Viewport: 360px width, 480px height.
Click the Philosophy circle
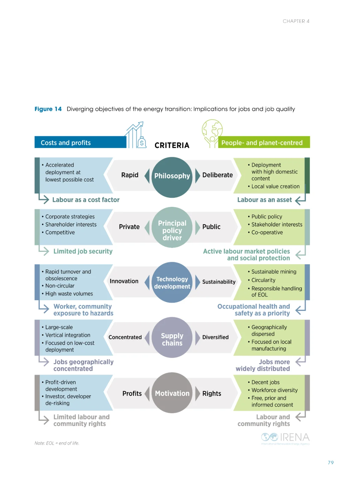point(172,176)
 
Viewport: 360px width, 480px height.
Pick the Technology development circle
point(172,283)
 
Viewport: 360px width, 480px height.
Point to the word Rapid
point(130,175)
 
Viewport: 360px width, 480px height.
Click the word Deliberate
point(217,175)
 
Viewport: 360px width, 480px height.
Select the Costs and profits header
point(66,143)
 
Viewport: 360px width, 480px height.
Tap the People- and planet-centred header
point(262,143)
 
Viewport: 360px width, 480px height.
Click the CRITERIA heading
point(172,145)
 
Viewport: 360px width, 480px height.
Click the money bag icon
point(142,142)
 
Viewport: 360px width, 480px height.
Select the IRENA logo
point(285,438)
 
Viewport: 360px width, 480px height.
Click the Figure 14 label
point(48,109)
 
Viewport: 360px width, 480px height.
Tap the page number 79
point(331,463)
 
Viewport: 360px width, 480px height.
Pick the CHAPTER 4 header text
point(296,21)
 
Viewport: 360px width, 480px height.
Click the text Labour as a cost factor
point(86,200)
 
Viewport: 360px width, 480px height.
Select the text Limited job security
point(83,252)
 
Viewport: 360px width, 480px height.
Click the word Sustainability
point(219,282)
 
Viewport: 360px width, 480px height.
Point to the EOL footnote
point(57,443)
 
